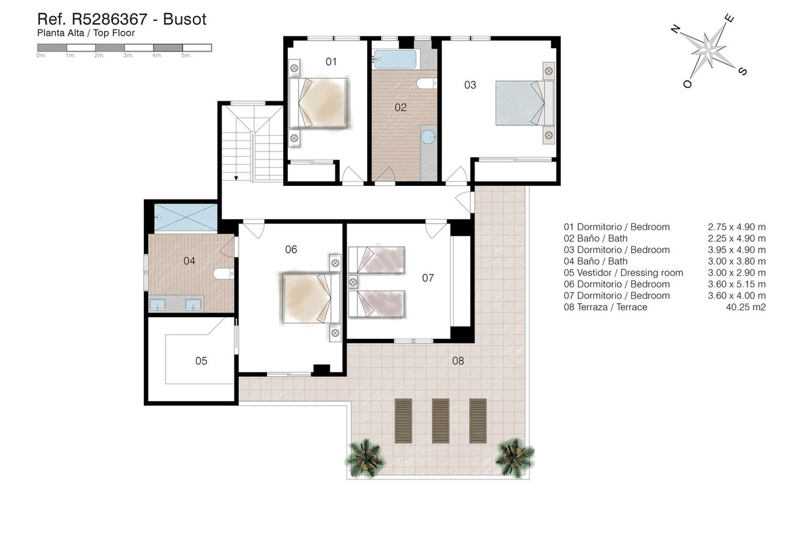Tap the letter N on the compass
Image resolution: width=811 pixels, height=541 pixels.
(x=674, y=29)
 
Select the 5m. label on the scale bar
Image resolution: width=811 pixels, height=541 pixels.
(x=187, y=56)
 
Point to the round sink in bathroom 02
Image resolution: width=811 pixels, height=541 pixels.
(x=428, y=137)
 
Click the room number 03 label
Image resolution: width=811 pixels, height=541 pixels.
(x=470, y=85)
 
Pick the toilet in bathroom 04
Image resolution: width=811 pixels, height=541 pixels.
(x=223, y=273)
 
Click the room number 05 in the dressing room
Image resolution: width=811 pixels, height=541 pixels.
(x=201, y=361)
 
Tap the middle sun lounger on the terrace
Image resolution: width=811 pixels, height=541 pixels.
(x=441, y=419)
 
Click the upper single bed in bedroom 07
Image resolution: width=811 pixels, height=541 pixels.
(x=376, y=260)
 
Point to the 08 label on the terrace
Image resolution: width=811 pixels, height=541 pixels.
(x=458, y=361)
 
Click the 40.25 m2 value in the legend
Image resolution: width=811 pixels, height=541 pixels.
(x=747, y=307)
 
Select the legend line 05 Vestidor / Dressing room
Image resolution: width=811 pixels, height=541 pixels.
(x=623, y=273)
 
